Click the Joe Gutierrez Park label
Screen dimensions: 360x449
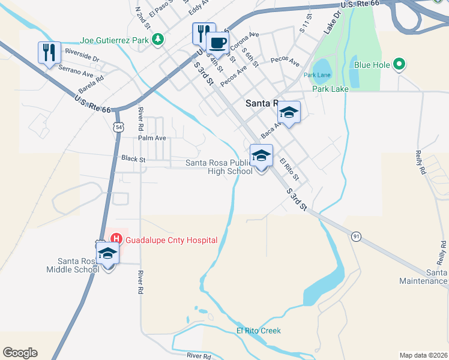click(114, 40)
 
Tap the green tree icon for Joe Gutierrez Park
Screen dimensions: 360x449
click(157, 40)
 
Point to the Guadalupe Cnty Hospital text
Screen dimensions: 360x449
click(171, 240)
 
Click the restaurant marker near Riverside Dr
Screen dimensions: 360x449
click(49, 53)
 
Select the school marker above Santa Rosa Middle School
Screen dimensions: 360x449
click(107, 253)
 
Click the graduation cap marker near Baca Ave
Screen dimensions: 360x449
click(289, 112)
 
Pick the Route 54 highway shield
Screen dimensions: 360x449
click(118, 127)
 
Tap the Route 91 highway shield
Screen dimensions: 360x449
click(356, 236)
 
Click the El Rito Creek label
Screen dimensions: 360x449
click(258, 331)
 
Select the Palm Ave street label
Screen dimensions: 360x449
click(152, 138)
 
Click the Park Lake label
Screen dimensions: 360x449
click(330, 89)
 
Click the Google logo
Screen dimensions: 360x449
click(20, 353)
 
